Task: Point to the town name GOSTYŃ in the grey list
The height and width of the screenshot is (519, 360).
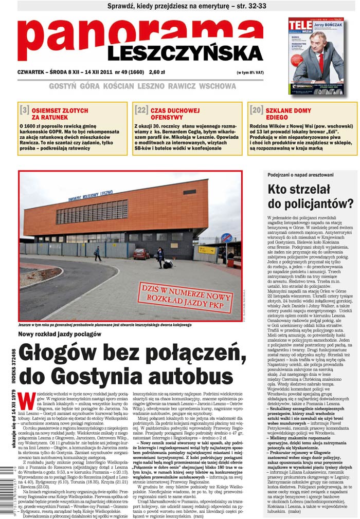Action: coord(64,86)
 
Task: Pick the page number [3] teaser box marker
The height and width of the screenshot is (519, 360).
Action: coord(24,110)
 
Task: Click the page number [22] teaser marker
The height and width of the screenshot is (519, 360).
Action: coord(141,110)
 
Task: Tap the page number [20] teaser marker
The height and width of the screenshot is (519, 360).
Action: coord(256,110)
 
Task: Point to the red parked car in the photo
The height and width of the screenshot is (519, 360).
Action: coord(141,253)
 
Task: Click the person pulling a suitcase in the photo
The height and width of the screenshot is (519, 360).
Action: coord(161,257)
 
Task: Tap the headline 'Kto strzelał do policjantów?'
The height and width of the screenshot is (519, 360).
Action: coord(310,196)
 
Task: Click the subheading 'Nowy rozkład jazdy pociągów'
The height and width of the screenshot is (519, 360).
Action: coord(59,335)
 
